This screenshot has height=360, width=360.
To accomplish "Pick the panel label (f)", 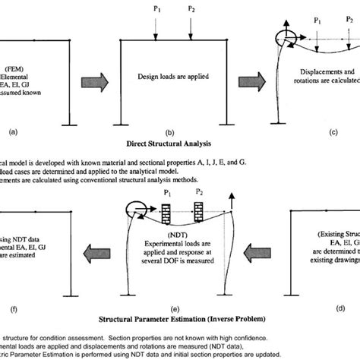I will point(12,309).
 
